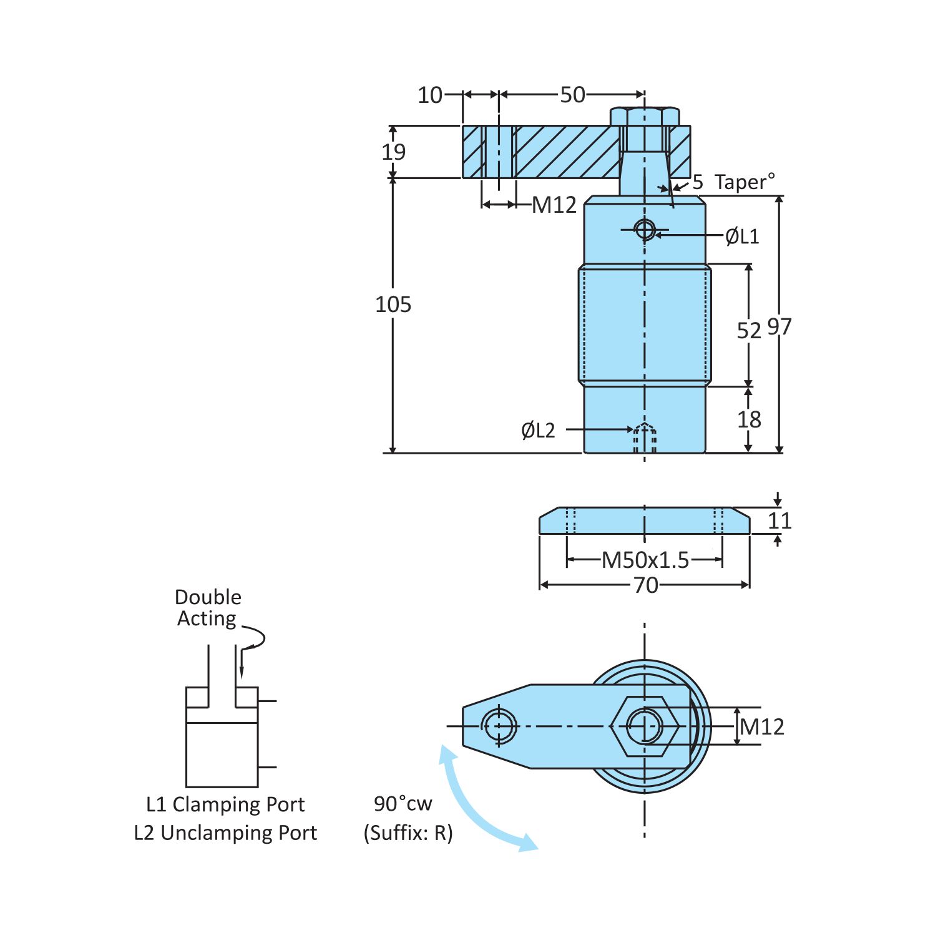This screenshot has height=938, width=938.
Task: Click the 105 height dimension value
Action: click(393, 305)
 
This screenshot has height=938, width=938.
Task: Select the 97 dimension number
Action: click(779, 327)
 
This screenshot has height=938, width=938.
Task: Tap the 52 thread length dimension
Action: click(749, 330)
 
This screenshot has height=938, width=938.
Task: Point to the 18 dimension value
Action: click(749, 419)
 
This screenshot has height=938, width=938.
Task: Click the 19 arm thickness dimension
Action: click(394, 152)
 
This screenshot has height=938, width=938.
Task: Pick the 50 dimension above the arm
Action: click(572, 95)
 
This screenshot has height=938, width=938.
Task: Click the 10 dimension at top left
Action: click(430, 95)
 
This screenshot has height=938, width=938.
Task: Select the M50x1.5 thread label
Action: click(645, 560)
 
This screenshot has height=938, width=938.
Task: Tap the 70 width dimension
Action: click(645, 585)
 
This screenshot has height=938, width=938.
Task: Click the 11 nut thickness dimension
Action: click(779, 520)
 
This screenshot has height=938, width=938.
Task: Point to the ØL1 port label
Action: click(742, 237)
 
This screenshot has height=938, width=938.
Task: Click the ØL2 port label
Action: click(538, 430)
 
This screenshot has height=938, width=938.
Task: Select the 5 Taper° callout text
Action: click(733, 182)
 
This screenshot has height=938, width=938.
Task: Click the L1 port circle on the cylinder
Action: click(645, 230)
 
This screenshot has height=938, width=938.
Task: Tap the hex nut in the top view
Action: click(645, 726)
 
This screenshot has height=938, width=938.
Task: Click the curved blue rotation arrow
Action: click(474, 808)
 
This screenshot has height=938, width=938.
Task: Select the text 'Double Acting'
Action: click(208, 608)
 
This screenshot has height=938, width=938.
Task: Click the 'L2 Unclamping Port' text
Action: click(226, 833)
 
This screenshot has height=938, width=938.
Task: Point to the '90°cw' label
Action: click(403, 804)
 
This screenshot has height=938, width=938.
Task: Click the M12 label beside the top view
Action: click(762, 727)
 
